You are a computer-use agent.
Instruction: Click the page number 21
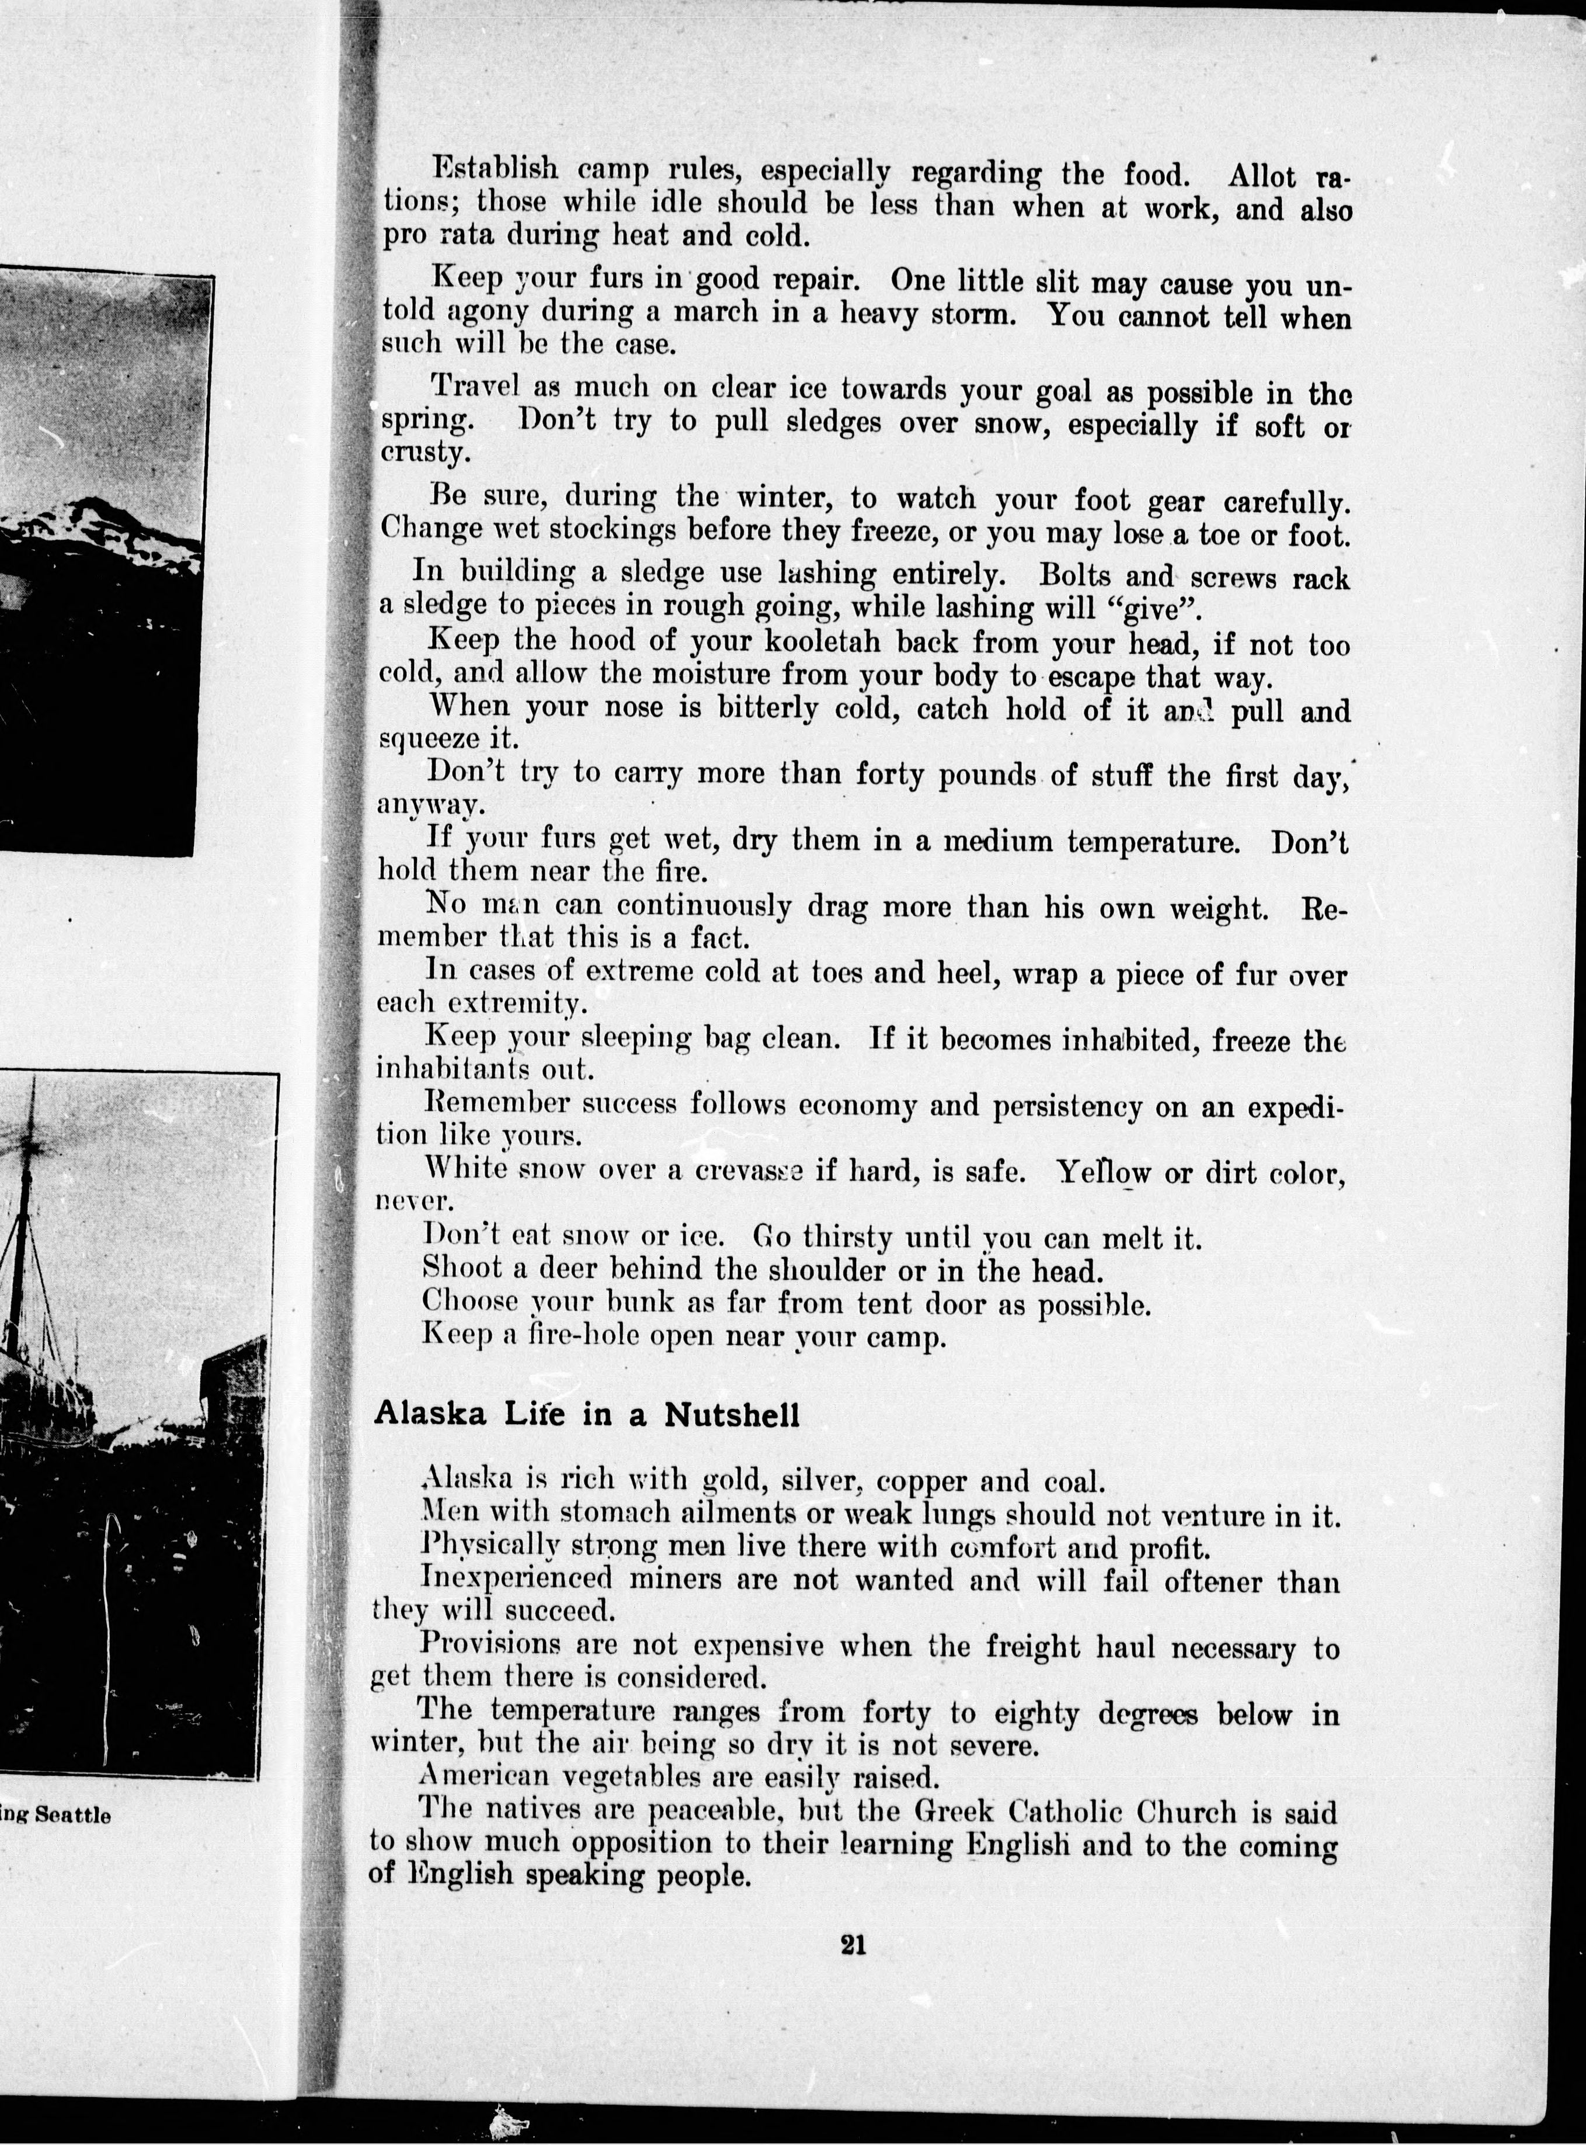854,1944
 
